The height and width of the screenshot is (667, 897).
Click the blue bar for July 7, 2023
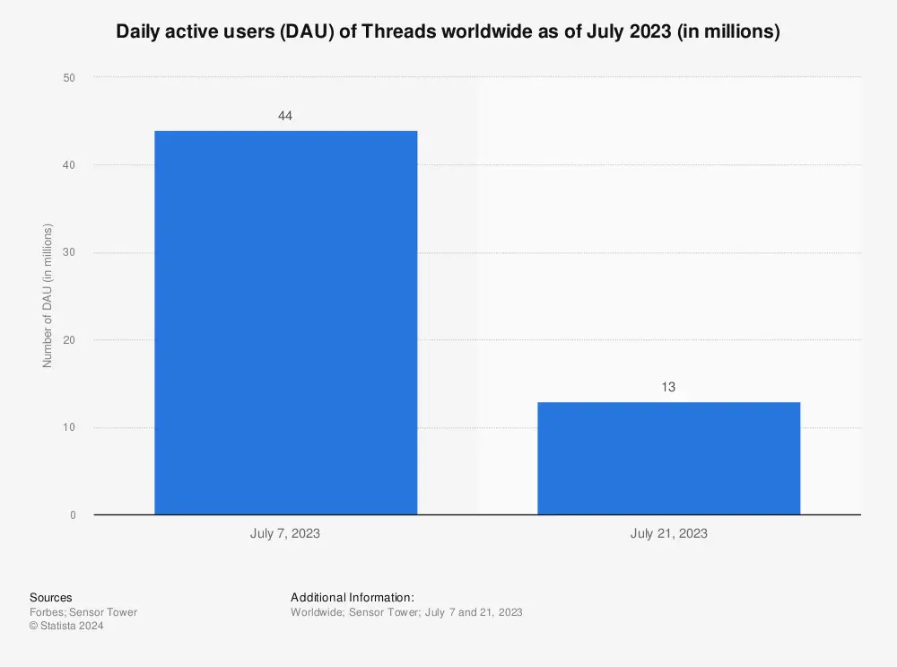pyautogui.click(x=285, y=323)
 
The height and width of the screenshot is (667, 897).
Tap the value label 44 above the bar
pyautogui.click(x=285, y=116)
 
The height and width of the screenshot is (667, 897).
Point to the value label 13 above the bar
pyautogui.click(x=668, y=387)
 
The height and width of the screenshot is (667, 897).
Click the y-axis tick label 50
pyautogui.click(x=69, y=78)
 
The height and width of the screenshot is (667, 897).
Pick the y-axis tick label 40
pyautogui.click(x=69, y=165)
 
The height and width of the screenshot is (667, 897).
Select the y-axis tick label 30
pyautogui.click(x=69, y=252)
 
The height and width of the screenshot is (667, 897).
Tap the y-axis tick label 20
pyautogui.click(x=69, y=340)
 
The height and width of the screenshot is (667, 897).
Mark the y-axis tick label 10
pyautogui.click(x=69, y=427)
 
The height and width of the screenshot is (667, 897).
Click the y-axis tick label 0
pyautogui.click(x=73, y=515)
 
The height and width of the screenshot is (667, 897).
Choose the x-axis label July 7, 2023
pyautogui.click(x=285, y=533)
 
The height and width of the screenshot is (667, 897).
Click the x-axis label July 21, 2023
pyautogui.click(x=668, y=533)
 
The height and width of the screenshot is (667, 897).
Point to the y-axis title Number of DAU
pyautogui.click(x=48, y=296)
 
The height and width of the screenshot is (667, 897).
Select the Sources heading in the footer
pyautogui.click(x=51, y=597)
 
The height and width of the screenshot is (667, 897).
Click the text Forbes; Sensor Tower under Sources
pyautogui.click(x=83, y=612)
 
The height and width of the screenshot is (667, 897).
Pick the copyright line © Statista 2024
pyautogui.click(x=66, y=626)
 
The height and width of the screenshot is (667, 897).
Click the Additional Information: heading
pyautogui.click(x=353, y=597)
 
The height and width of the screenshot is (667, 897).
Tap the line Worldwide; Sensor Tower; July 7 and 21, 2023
pyautogui.click(x=406, y=612)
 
